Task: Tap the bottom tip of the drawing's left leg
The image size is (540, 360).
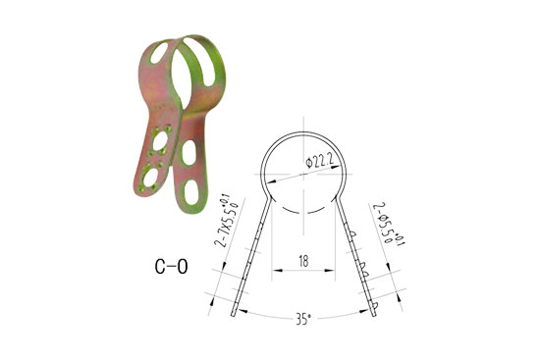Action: (234, 314)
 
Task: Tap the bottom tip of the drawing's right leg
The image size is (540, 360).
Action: (376, 314)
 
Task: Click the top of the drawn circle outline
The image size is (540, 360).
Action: (305, 130)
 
